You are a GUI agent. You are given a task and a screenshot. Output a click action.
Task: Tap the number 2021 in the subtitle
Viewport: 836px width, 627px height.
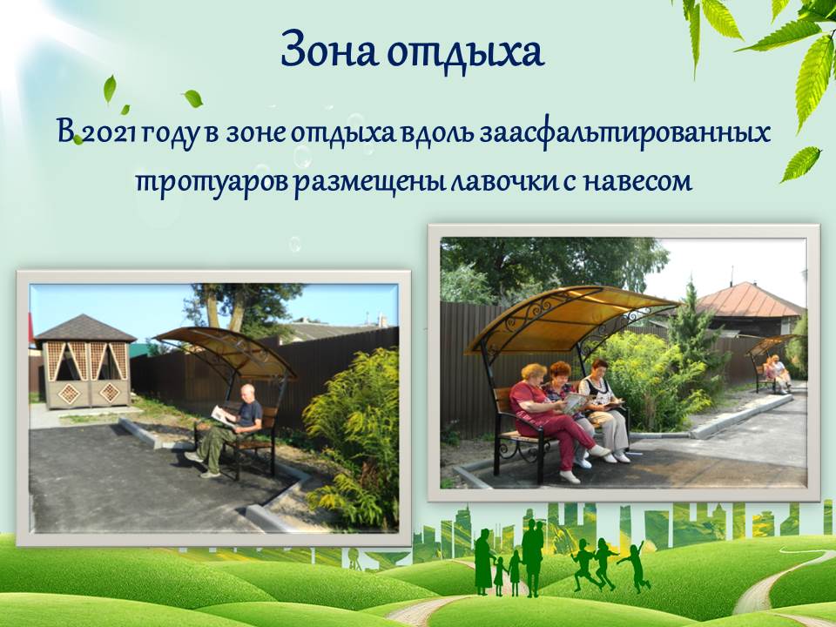click(110, 134)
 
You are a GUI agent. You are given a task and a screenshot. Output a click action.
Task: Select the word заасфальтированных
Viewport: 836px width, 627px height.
click(624, 134)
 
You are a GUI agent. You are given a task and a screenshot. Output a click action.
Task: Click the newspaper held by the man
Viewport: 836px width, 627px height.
click(224, 416)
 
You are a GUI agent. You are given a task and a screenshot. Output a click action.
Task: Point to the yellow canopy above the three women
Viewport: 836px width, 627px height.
click(571, 318)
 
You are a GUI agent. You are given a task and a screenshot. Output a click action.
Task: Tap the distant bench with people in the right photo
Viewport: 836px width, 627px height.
click(772, 374)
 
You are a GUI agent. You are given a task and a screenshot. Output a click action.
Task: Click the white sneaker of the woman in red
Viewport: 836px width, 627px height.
click(570, 476)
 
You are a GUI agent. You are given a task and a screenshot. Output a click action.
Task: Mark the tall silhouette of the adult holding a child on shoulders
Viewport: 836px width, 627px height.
click(533, 557)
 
